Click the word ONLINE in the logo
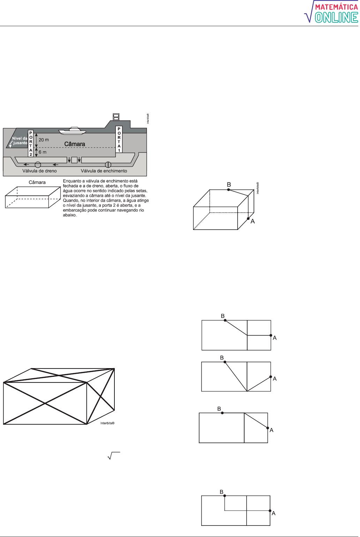pos(337,17)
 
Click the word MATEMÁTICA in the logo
pos(337,7)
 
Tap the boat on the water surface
pos(72,130)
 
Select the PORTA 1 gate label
pos(119,139)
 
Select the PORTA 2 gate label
pos(31,143)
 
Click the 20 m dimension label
pos(44,140)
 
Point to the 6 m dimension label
pos(43,152)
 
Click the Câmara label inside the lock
pos(75,144)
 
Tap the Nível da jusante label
pos(20,141)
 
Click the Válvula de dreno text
pos(39,171)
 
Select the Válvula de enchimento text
pos(104,171)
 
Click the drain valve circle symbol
pos(38,165)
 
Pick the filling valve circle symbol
pos(108,165)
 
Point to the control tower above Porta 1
pos(116,117)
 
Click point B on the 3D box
pos(228,189)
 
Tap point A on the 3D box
pos(248,219)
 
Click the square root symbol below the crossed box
pos(114,456)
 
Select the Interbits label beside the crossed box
pos(107,423)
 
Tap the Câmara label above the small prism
pos(37,182)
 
